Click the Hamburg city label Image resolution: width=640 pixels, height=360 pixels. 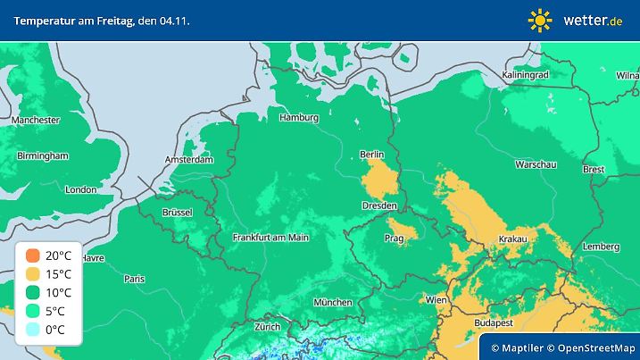pyautogui.click(x=299, y=117)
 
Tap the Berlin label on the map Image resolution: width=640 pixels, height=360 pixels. pyautogui.click(x=371, y=155)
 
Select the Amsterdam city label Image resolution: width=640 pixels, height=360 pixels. pyautogui.click(x=189, y=160)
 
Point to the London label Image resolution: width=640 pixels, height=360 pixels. pyautogui.click(x=80, y=189)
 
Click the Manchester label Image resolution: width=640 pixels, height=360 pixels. pyautogui.click(x=36, y=120)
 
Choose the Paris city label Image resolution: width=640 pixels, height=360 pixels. pyautogui.click(x=134, y=279)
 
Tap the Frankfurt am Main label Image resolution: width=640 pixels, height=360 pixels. pyautogui.click(x=270, y=238)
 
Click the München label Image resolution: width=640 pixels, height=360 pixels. pyautogui.click(x=332, y=303)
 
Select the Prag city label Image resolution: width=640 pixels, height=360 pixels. pyautogui.click(x=395, y=239)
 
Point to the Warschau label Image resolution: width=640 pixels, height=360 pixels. pyautogui.click(x=536, y=165)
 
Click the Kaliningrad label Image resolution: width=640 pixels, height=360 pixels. pyautogui.click(x=525, y=75)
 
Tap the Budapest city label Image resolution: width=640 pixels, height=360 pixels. pyautogui.click(x=492, y=321)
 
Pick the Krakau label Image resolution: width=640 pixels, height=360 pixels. pyautogui.click(x=511, y=239)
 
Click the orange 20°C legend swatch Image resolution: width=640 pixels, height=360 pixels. pyautogui.click(x=33, y=255)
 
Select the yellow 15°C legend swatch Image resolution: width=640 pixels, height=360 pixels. pyautogui.click(x=33, y=273)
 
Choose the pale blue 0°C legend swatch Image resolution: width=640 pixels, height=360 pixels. pyautogui.click(x=33, y=329)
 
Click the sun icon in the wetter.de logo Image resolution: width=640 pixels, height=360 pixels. pyautogui.click(x=540, y=19)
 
